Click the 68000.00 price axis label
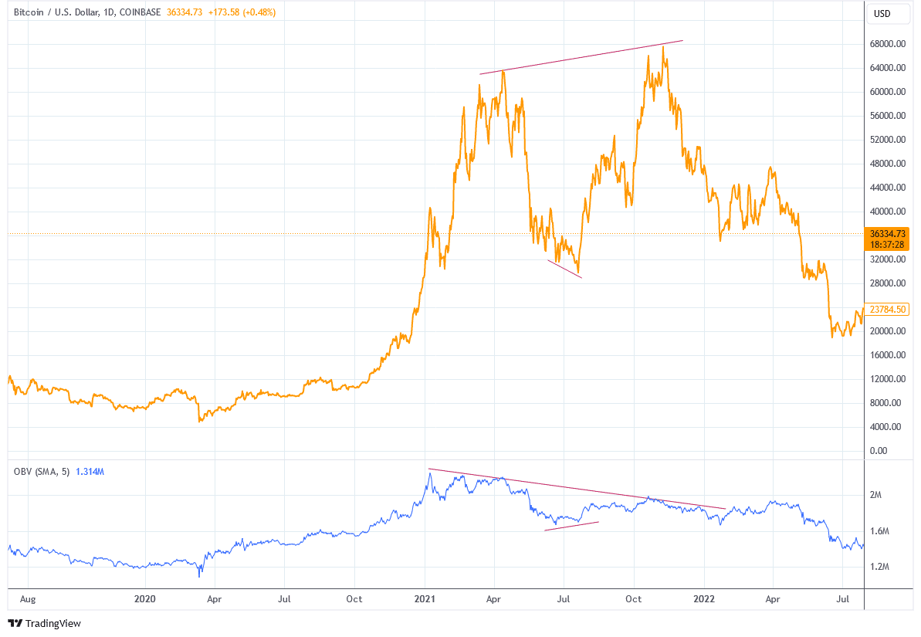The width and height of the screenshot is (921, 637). click(886, 44)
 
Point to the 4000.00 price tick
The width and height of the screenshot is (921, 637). click(886, 427)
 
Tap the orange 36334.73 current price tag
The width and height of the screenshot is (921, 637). click(889, 233)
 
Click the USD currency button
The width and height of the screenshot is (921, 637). click(882, 13)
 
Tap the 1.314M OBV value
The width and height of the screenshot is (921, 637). click(90, 471)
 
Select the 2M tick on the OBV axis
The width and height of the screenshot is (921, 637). click(875, 495)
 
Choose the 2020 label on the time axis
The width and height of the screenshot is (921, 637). click(144, 598)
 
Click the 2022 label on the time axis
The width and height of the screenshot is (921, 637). click(703, 598)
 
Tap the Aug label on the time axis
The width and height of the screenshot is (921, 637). click(28, 598)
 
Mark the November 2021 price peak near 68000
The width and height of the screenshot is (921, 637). click(663, 48)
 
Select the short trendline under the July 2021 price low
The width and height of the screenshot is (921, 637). click(564, 268)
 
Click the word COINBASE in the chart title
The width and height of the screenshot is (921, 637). click(141, 12)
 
